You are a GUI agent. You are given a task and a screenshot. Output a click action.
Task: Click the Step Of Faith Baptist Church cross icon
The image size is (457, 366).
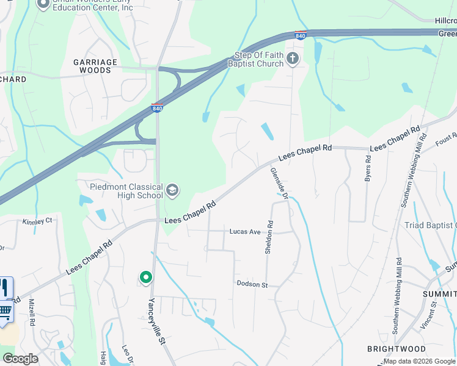pyautogui.click(x=293, y=59)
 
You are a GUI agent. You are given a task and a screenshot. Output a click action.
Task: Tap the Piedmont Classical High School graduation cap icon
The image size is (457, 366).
pyautogui.click(x=172, y=191)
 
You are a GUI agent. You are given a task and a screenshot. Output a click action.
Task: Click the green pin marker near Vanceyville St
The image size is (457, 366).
pyautogui.click(x=145, y=278)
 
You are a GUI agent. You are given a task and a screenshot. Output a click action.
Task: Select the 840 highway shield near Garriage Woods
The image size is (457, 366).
pyautogui.click(x=157, y=108)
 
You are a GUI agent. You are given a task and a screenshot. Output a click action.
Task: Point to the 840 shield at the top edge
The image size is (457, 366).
pyautogui.click(x=300, y=35)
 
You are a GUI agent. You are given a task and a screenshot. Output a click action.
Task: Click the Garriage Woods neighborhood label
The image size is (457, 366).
pyautogui.click(x=92, y=66)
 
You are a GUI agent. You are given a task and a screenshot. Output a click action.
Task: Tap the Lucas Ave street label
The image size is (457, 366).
pyautogui.click(x=245, y=232)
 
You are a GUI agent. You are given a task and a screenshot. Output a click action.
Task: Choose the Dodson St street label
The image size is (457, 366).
pyautogui.click(x=252, y=285)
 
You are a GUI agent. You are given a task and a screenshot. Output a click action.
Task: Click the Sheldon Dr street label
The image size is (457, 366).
pyautogui.click(x=268, y=237)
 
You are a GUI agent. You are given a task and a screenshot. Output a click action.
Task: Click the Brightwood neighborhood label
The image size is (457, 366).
pyautogui.click(x=397, y=349)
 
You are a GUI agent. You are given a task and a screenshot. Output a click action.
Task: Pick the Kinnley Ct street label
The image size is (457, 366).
pyautogui.click(x=37, y=221)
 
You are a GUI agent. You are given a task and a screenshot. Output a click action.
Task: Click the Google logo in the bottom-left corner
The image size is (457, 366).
pyautogui.click(x=20, y=358)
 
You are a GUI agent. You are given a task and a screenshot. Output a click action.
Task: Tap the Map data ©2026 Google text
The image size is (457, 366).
pyautogui.click(x=419, y=361)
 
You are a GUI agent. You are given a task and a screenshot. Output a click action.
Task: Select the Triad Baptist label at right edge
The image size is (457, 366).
pyautogui.click(x=430, y=225)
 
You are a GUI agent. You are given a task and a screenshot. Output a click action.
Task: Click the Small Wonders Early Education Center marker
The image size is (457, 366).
pyautogui.click(x=43, y=4)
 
